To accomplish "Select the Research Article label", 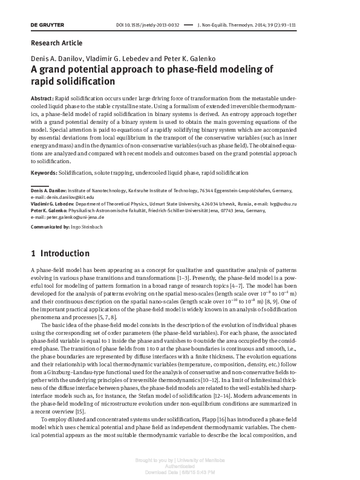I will (56, 43).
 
